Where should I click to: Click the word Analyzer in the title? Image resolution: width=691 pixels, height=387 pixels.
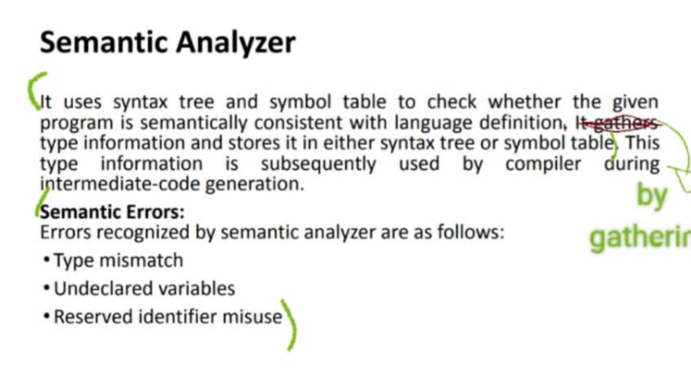click(236, 43)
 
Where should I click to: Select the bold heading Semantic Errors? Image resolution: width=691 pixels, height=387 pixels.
click(112, 212)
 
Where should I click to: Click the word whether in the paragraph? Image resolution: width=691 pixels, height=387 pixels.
click(525, 102)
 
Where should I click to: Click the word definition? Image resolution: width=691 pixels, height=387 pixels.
click(521, 122)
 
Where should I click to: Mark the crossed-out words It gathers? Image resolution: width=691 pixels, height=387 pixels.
click(617, 123)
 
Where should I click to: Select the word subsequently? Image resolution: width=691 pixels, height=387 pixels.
click(319, 164)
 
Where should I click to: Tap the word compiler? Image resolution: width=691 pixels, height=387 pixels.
click(543, 164)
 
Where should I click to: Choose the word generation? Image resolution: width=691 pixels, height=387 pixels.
click(255, 184)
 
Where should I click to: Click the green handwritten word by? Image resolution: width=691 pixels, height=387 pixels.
click(652, 196)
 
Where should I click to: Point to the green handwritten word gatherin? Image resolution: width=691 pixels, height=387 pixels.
click(640, 238)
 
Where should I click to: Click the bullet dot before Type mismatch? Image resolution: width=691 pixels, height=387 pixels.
click(47, 259)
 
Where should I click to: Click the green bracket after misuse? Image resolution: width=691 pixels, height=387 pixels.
click(292, 325)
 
